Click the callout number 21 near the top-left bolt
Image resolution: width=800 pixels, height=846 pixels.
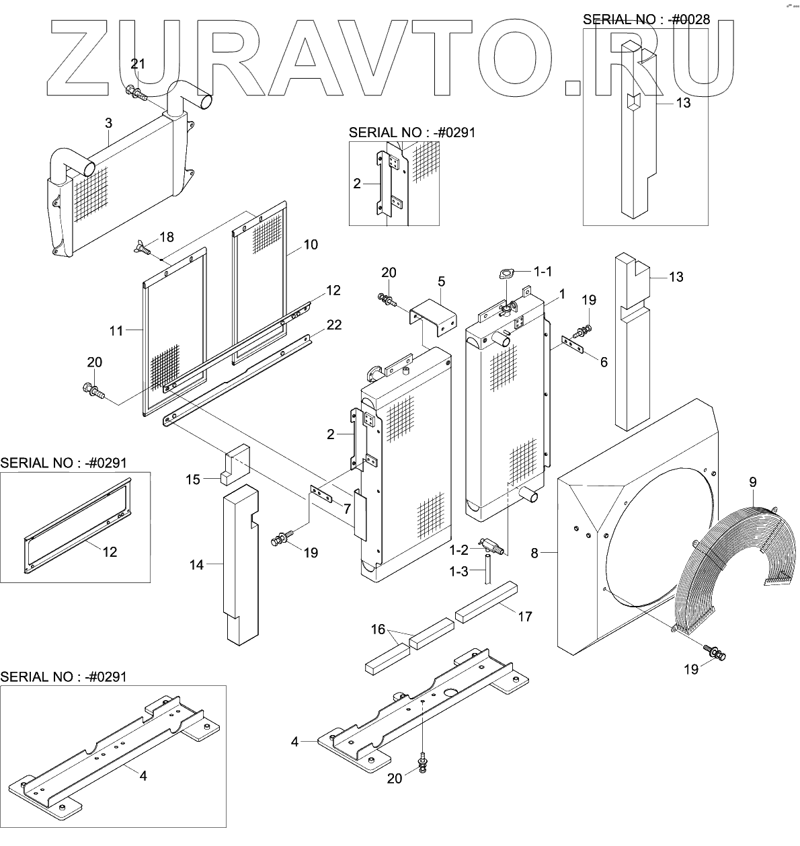pyautogui.click(x=138, y=64)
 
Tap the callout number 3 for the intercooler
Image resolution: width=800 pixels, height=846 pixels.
pyautogui.click(x=108, y=122)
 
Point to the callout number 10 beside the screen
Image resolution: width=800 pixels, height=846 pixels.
pyautogui.click(x=311, y=245)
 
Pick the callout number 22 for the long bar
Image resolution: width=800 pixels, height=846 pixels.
pyautogui.click(x=333, y=325)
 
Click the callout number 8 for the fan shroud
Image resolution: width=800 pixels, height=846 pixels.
pyautogui.click(x=535, y=553)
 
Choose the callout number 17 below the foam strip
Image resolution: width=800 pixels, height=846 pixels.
pyautogui.click(x=524, y=616)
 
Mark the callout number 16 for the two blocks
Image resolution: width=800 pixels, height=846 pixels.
pyautogui.click(x=378, y=629)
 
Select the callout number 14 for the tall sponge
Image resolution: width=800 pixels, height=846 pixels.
pyautogui.click(x=196, y=566)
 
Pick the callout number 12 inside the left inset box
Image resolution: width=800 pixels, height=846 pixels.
pyautogui.click(x=110, y=551)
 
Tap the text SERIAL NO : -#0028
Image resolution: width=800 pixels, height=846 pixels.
pyautogui.click(x=646, y=19)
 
